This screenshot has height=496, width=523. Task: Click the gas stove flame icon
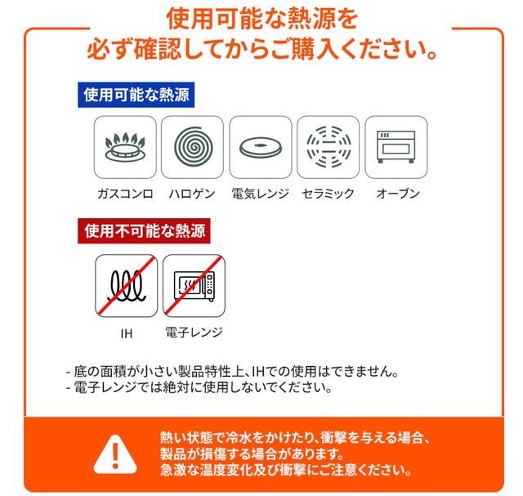pyautogui.click(x=125, y=147)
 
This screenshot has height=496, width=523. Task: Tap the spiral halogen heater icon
pyautogui.click(x=193, y=147)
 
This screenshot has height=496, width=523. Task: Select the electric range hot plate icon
pyautogui.click(x=261, y=147)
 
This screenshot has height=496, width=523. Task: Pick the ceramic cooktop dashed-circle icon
pyautogui.click(x=329, y=147)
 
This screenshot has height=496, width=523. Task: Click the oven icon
pyautogui.click(x=396, y=147)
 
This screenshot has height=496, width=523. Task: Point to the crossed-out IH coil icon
pyautogui.click(x=126, y=286)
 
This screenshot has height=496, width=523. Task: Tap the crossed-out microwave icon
pyautogui.click(x=194, y=286)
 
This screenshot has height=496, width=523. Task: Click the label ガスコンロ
pyautogui.click(x=125, y=194)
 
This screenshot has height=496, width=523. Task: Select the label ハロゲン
pyautogui.click(x=192, y=194)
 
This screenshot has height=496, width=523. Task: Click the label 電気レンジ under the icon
pyautogui.click(x=260, y=194)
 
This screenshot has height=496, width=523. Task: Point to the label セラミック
pyautogui.click(x=328, y=194)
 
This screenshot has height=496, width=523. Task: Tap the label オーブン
pyautogui.click(x=398, y=194)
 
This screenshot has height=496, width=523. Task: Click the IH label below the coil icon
pyautogui.click(x=127, y=333)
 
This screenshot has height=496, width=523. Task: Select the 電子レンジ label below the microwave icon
pyautogui.click(x=194, y=333)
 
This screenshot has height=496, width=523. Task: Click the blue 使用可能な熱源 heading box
pyautogui.click(x=136, y=95)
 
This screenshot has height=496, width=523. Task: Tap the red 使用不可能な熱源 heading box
pyautogui.click(x=144, y=230)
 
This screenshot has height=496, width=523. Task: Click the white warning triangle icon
pyautogui.click(x=115, y=454)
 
